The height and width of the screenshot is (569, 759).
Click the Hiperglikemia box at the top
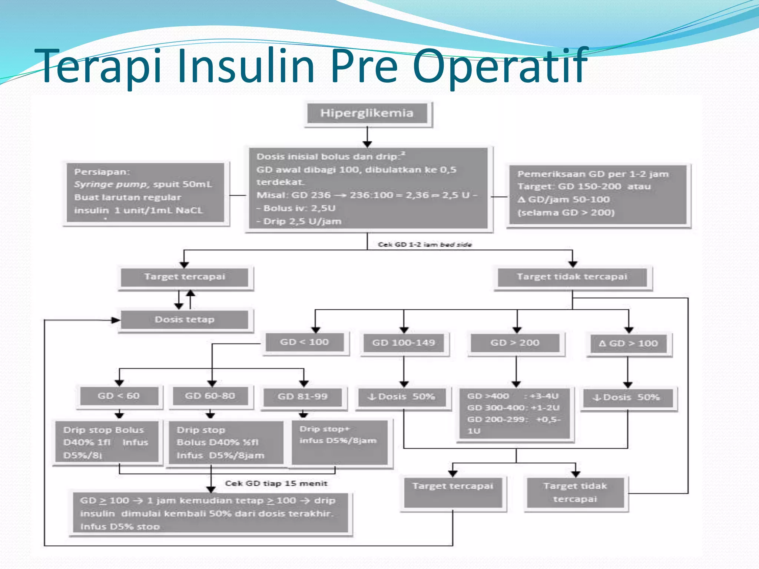tap(367, 113)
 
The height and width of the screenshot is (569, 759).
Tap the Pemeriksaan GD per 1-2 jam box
tap(597, 194)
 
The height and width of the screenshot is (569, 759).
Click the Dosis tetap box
tap(185, 320)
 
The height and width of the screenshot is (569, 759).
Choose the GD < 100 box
tap(304, 342)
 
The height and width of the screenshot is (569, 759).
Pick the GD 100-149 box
tap(404, 343)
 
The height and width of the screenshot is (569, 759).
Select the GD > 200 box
tap(515, 343)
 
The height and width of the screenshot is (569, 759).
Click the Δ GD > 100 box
tap(628, 344)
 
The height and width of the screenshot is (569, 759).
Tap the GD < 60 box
tap(119, 396)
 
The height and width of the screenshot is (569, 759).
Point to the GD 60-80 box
tap(210, 396)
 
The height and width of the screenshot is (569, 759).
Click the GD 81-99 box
tap(303, 397)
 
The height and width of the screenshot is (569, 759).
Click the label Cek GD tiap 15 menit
tap(276, 483)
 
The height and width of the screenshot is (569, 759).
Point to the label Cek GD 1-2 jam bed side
tap(425, 244)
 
